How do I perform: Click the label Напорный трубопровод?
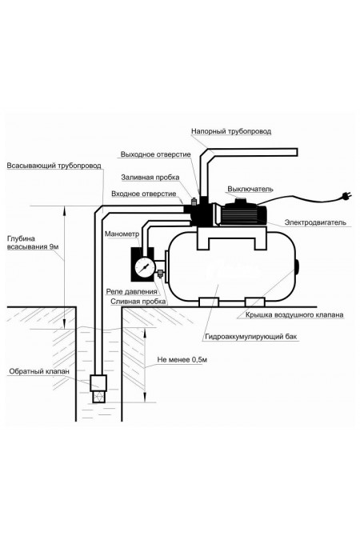point(231,131)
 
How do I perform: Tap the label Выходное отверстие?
point(155,154)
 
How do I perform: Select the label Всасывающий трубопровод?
point(54,166)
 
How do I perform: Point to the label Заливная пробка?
point(150,178)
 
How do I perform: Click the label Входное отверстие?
point(144,194)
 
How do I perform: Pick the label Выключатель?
point(250,189)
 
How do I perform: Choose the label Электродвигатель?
point(315,222)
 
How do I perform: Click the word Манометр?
point(122,234)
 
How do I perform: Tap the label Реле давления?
point(131,292)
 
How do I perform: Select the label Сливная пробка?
point(138,302)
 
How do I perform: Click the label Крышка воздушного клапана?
point(294,314)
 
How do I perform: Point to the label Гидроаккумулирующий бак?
point(250,337)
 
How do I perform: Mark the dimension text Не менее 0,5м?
point(182,360)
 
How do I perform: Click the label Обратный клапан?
point(39,371)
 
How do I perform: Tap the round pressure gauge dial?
point(145,267)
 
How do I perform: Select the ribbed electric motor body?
point(240,214)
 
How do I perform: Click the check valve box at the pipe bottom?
point(98,383)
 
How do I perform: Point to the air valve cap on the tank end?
point(298,267)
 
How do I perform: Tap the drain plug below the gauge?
point(161,274)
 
